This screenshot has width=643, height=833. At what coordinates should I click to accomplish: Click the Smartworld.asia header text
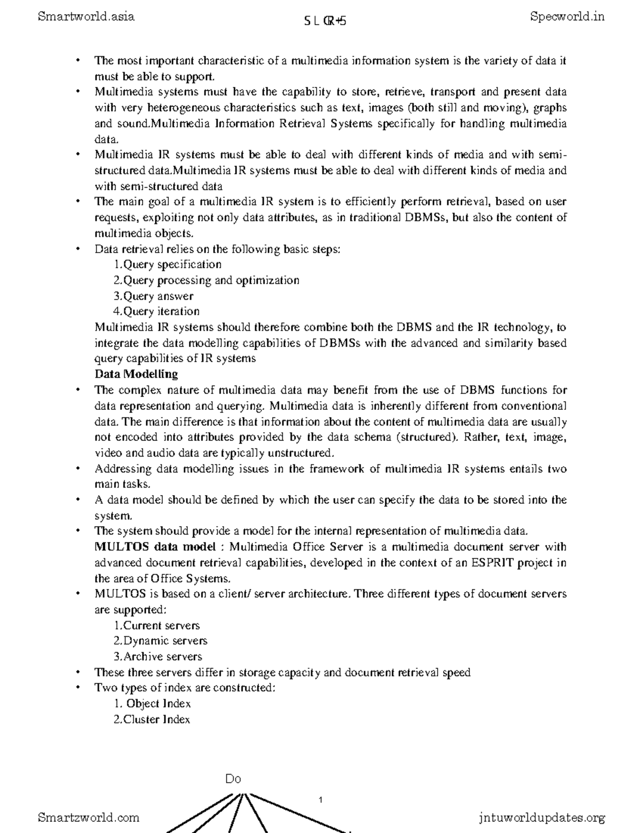[x=86, y=17]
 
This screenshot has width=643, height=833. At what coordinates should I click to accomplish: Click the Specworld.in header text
[x=567, y=17]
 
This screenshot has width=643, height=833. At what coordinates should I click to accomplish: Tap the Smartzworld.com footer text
[x=89, y=817]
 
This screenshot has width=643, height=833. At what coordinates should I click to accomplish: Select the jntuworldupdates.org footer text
[x=542, y=818]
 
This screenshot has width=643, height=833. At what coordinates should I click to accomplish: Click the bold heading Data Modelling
[x=136, y=374]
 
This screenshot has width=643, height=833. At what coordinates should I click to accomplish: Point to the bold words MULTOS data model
[x=155, y=547]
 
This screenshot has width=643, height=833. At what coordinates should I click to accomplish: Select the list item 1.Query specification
[x=167, y=264]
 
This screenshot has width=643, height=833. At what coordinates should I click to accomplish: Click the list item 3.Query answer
[x=153, y=296]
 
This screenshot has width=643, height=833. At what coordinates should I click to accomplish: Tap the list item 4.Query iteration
[x=156, y=312]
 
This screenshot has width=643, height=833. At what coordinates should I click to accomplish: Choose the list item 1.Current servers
[x=156, y=625]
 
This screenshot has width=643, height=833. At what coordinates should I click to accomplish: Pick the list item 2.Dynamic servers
[x=160, y=641]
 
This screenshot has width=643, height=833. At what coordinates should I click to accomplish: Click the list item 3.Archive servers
[x=158, y=657]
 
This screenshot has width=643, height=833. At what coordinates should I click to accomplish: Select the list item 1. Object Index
[x=153, y=704]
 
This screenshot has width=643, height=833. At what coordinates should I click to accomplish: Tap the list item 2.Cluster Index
[x=152, y=719]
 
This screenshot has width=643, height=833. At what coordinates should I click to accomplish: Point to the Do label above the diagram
[x=233, y=779]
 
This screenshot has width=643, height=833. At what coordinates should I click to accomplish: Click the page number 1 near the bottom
[x=320, y=800]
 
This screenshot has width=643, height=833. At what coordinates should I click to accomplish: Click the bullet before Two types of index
[x=78, y=688]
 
